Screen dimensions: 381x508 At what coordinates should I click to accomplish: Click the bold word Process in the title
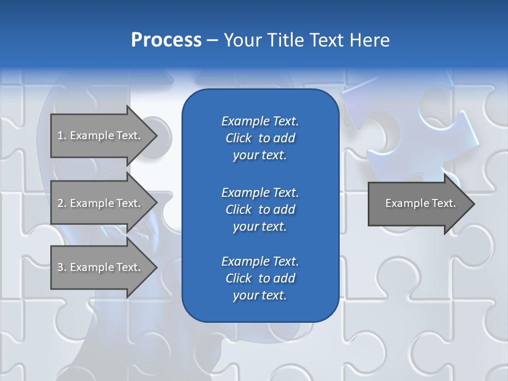click(166, 40)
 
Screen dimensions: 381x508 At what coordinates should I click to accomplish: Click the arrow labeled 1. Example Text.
click(101, 135)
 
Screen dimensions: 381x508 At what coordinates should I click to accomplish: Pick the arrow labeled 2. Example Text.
click(101, 203)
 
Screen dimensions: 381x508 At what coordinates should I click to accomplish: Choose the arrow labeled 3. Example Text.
click(101, 267)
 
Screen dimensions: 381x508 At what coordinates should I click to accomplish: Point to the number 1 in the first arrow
click(61, 135)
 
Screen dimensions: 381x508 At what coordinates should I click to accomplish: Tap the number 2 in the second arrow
click(61, 203)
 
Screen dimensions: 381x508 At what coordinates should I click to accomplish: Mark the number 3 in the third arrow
click(61, 267)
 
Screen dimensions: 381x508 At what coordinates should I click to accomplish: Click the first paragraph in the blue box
click(260, 138)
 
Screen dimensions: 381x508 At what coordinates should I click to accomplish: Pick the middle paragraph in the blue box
click(260, 209)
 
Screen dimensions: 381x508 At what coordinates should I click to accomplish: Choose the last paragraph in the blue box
click(260, 278)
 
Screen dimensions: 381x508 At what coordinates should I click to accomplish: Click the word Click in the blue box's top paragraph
click(238, 138)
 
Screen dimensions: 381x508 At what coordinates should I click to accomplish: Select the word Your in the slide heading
click(241, 40)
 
